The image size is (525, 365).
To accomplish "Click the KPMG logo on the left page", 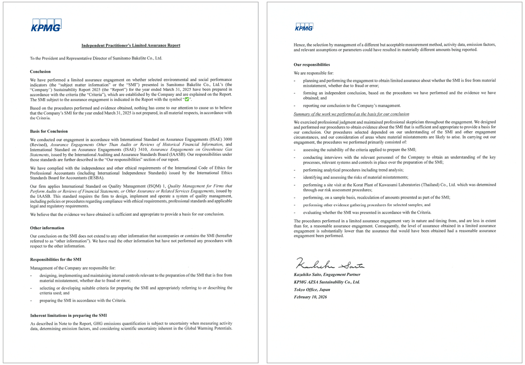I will tap(46, 25).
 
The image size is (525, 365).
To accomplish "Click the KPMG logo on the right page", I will tap(304, 27).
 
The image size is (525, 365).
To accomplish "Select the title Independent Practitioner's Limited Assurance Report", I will tap(131, 46).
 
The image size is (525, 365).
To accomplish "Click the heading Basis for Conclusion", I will tap(49, 131).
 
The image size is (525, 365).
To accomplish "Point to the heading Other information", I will tap(47, 228).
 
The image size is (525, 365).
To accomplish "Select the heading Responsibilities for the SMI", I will tap(55, 260).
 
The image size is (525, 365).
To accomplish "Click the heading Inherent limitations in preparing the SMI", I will tap(68, 315).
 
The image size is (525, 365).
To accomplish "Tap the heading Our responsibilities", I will tap(312, 65).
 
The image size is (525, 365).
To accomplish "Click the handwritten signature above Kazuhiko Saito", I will tap(330, 263).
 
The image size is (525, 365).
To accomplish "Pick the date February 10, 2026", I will tap(310, 297).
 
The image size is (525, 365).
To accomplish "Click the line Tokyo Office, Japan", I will tap(312, 290).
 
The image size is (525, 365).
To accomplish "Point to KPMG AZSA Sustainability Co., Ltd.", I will tap(327, 282).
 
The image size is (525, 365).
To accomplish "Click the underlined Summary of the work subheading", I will tap(351, 114).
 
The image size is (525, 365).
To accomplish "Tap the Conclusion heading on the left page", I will tap(40, 71).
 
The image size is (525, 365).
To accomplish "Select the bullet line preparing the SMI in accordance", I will tap(83, 301).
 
